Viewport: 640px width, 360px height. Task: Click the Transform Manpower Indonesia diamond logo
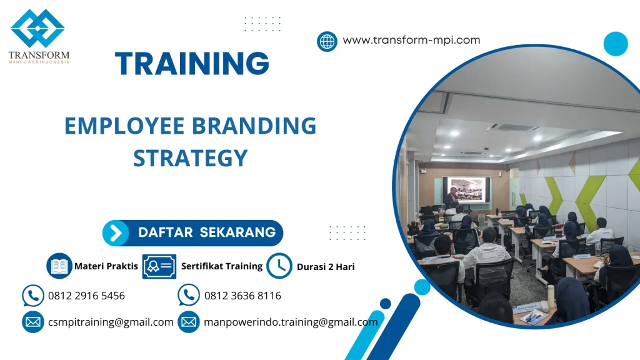point(37,29)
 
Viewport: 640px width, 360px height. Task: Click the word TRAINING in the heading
point(192,64)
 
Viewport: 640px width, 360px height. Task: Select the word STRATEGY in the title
point(190,157)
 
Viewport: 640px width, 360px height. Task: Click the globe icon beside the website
point(327,41)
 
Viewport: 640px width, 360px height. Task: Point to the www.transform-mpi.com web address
point(411,40)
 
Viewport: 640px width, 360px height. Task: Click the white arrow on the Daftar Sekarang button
point(116,233)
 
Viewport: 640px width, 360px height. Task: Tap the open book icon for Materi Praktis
point(60,266)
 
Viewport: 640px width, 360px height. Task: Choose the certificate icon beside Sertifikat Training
point(159,266)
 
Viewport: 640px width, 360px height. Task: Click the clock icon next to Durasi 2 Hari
point(279,266)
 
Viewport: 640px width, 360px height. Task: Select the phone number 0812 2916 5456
point(86,296)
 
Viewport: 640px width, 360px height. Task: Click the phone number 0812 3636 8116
point(242,296)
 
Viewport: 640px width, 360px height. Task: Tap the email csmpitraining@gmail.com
point(111,322)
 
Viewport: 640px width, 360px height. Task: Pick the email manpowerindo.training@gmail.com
point(291,322)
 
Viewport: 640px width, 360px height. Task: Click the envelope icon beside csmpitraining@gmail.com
point(32,322)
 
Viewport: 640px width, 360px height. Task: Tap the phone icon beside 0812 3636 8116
point(189,295)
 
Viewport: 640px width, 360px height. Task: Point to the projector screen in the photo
point(467,189)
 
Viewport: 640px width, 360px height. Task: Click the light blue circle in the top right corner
point(616,44)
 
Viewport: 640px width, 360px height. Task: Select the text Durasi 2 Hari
point(326,267)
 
